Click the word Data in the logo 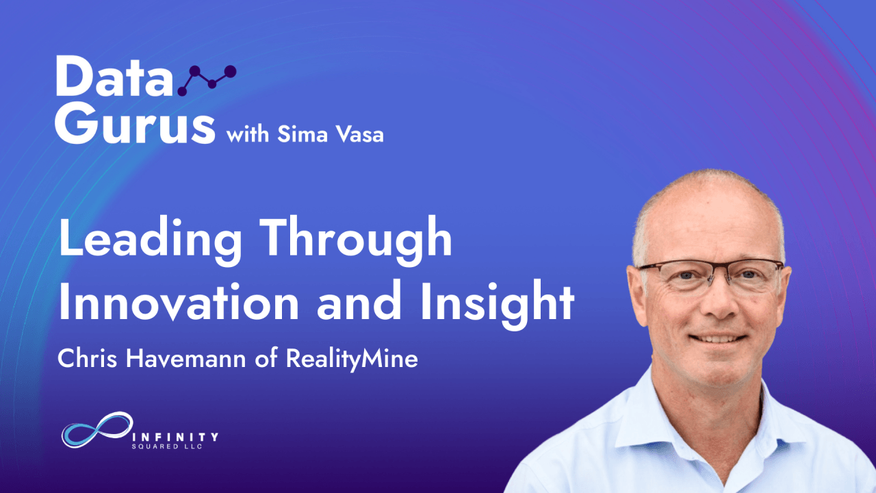click(x=114, y=76)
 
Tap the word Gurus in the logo click(x=135, y=123)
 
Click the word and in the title click(x=359, y=301)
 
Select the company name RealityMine click(x=352, y=359)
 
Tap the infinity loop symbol click(x=97, y=429)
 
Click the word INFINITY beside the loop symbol click(x=175, y=437)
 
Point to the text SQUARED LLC click(x=167, y=446)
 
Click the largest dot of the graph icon click(x=231, y=72)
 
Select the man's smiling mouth click(x=718, y=338)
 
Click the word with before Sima click(x=248, y=134)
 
